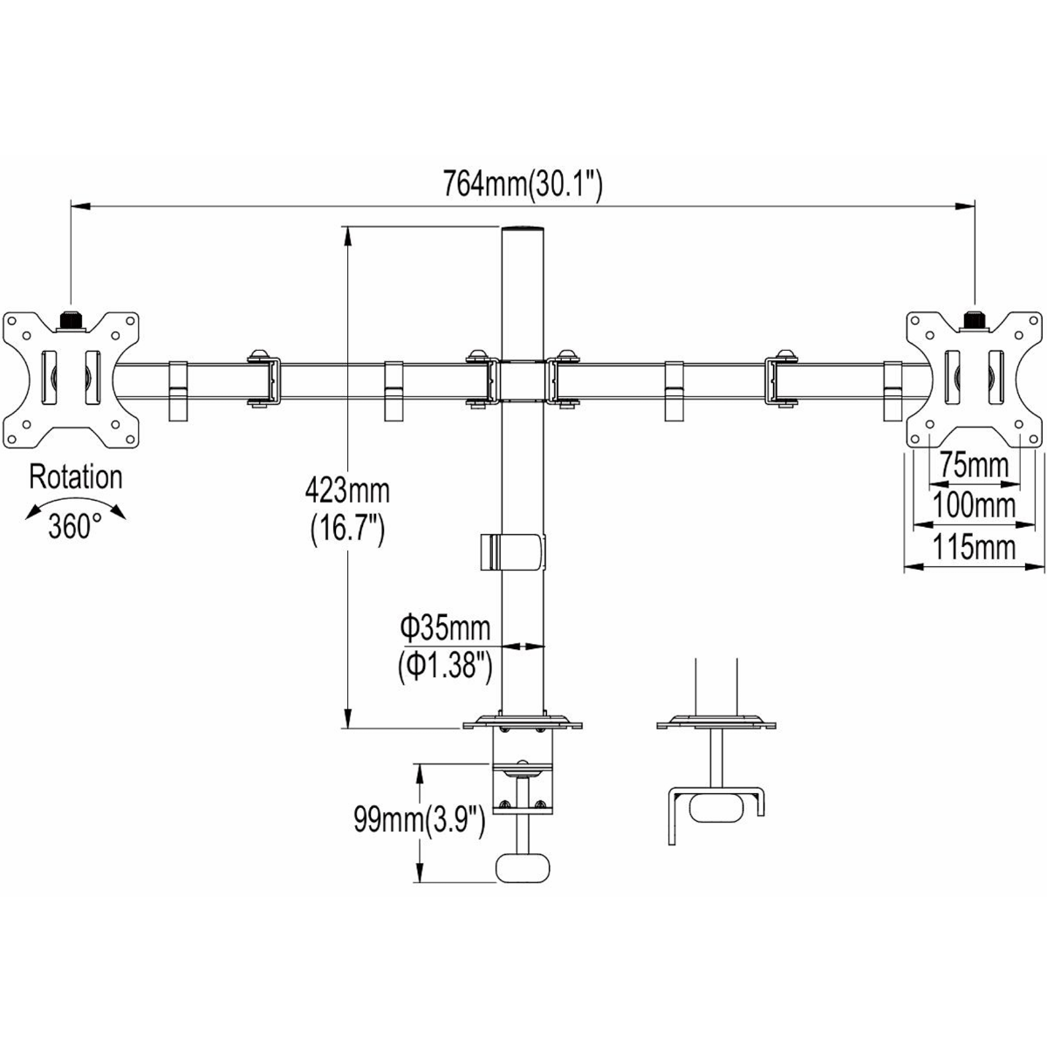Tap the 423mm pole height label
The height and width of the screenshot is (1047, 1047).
click(x=347, y=490)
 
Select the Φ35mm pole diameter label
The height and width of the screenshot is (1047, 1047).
click(x=445, y=626)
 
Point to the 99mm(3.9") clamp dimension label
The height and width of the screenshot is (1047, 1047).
click(x=419, y=819)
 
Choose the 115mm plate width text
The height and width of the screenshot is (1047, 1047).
click(x=974, y=547)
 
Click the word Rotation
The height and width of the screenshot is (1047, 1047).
click(x=76, y=477)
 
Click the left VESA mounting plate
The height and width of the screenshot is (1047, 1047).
click(x=72, y=378)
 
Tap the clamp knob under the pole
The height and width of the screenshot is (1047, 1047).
click(x=523, y=868)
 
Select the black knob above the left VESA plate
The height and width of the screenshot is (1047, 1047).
click(x=71, y=320)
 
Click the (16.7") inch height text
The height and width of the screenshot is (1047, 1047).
click(x=347, y=530)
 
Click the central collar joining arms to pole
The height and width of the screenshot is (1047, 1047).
click(x=522, y=380)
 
